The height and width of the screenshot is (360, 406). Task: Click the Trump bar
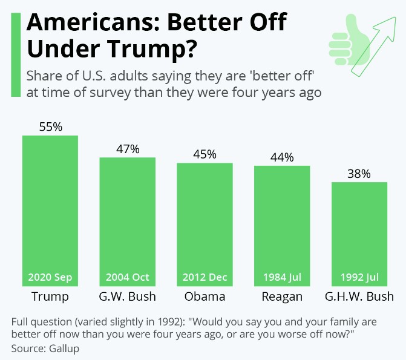[50, 206]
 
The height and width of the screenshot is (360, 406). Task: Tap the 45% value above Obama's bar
[205, 154]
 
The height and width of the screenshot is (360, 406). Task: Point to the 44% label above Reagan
[282, 157]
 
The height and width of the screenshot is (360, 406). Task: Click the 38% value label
[359, 174]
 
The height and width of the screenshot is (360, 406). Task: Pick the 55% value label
[50, 127]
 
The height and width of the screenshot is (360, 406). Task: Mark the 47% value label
[128, 149]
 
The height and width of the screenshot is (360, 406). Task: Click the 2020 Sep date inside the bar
[50, 278]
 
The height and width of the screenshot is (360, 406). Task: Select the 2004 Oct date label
[128, 278]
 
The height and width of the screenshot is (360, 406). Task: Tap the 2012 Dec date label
[205, 278]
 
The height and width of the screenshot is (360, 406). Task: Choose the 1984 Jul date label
[282, 278]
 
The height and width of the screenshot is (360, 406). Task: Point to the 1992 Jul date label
[359, 278]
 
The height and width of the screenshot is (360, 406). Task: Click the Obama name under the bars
[205, 296]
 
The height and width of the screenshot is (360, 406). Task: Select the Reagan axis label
[282, 296]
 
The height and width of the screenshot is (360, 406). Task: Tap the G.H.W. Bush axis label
[359, 296]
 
